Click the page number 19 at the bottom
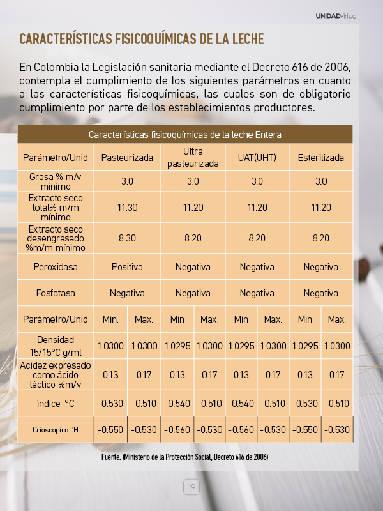tap(191, 487)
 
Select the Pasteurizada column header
tap(127, 158)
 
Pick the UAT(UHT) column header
tap(257, 158)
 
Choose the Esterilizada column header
tap(320, 158)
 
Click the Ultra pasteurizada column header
tap(193, 158)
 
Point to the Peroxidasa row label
tap(56, 267)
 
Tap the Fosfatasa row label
tap(56, 293)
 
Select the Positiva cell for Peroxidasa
tap(127, 267)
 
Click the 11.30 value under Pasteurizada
tap(127, 208)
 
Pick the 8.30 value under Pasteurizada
tap(127, 238)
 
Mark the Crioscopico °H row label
tap(56, 430)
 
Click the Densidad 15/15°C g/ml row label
tap(56, 346)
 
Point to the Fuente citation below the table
tap(185, 457)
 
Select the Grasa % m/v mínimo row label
tap(56, 181)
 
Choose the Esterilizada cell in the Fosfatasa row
tap(320, 293)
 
